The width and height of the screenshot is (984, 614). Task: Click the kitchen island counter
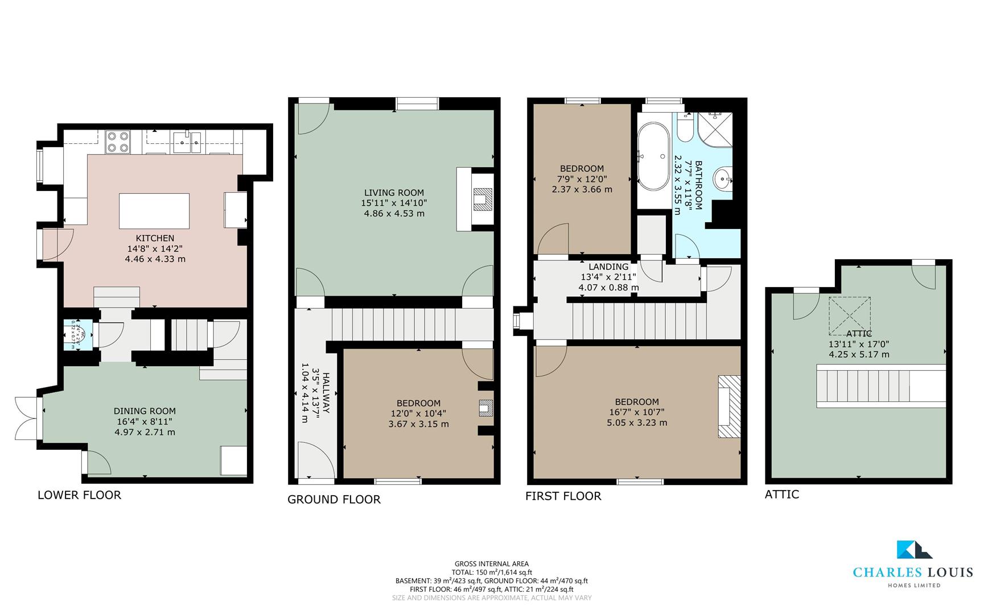point(154,211)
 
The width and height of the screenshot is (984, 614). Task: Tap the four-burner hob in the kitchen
point(118,142)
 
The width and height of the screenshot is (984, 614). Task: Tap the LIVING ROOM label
point(394,193)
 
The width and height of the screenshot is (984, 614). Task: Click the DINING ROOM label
point(145,411)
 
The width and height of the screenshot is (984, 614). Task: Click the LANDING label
point(608,267)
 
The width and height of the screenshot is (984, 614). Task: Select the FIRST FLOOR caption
point(563,496)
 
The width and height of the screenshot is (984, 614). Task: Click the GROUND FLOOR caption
point(334,500)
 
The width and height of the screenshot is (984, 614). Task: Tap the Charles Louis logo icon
point(913,550)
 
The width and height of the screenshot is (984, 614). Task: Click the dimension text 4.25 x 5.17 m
point(859,354)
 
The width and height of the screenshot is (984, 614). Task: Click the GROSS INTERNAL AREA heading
point(491,564)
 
